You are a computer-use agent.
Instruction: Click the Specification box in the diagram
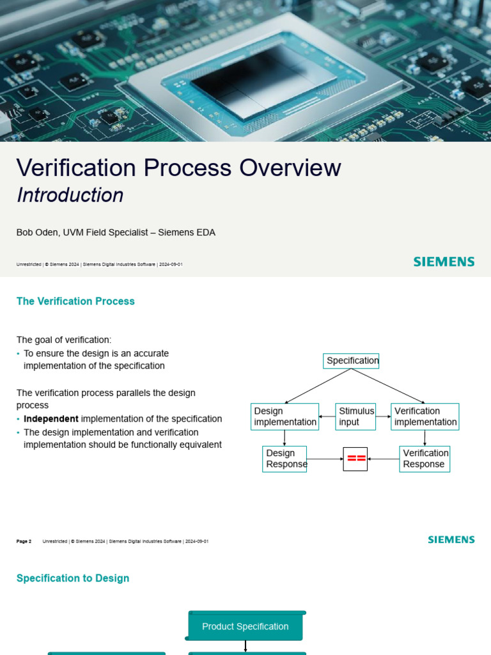click(x=351, y=361)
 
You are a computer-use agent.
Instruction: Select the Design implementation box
click(x=284, y=416)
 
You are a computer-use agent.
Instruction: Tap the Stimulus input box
click(x=355, y=416)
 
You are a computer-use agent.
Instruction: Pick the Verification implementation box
click(x=425, y=416)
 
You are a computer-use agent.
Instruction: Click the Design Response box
click(x=284, y=459)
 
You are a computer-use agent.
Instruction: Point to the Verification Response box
click(x=425, y=459)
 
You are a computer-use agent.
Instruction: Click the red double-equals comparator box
click(x=355, y=459)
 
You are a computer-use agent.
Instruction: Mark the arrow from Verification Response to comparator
click(x=384, y=459)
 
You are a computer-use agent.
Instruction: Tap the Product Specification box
click(x=245, y=627)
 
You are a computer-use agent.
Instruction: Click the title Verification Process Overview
click(x=178, y=168)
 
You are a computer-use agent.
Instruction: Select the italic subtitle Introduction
click(x=70, y=195)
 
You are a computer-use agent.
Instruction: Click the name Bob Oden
click(x=38, y=233)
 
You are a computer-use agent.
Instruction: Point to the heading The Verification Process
click(x=75, y=301)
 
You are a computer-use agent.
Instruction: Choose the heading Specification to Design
click(x=73, y=578)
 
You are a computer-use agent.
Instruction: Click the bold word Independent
click(x=51, y=419)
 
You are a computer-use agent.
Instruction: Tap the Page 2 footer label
click(x=24, y=541)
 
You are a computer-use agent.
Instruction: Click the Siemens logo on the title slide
click(x=444, y=262)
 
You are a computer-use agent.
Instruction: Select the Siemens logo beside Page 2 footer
click(x=451, y=540)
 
